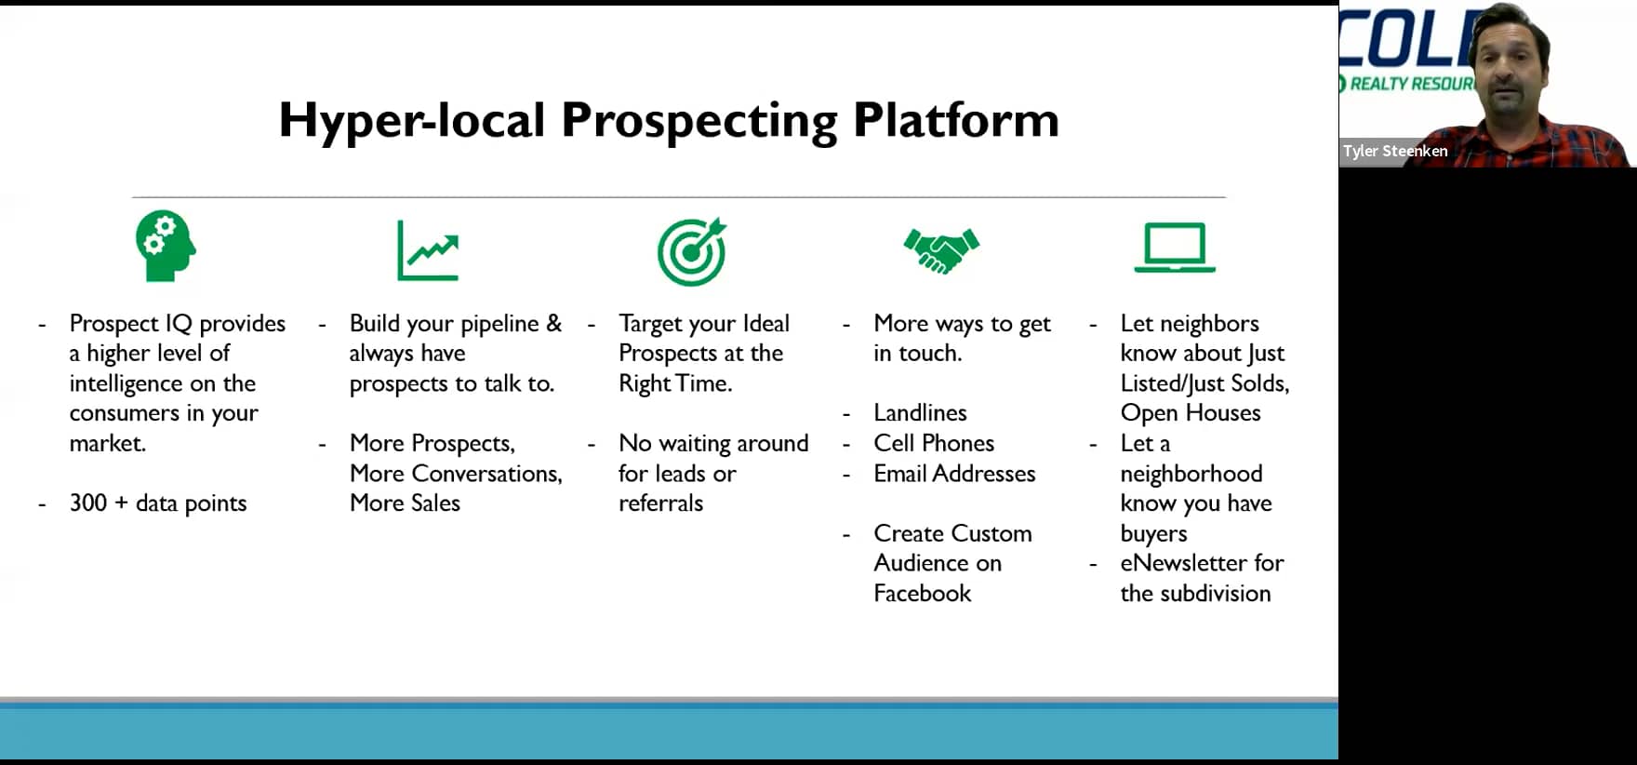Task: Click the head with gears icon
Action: point(166,246)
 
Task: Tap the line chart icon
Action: point(428,250)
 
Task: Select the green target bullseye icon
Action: point(692,251)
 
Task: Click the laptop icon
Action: point(1175,248)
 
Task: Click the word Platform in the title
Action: point(956,120)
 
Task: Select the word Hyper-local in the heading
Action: point(412,120)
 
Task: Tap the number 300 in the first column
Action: point(88,503)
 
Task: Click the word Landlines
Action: point(920,412)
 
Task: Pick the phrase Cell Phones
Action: point(934,443)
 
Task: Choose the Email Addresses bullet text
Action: point(954,473)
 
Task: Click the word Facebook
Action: point(922,593)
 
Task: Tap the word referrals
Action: point(660,503)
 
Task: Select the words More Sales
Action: point(405,503)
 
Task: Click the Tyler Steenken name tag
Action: point(1394,151)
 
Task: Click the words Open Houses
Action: point(1191,412)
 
